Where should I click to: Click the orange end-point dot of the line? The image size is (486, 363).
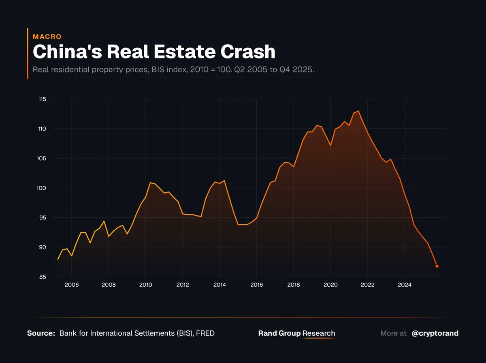pos(437,266)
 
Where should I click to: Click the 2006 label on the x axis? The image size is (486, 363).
pos(71,285)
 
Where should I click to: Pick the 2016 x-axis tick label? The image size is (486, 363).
pos(256,285)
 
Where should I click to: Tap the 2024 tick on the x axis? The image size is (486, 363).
pos(405,285)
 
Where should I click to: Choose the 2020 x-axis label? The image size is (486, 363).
pos(330,285)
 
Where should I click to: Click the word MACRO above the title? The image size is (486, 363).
pos(47,37)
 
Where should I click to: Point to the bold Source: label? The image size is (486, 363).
pos(41,333)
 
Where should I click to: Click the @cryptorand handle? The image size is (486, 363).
pos(435,333)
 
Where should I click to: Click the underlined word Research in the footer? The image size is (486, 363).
pos(319,333)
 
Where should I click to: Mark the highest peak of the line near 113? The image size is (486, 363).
pos(358,111)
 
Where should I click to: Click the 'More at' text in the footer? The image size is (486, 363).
pos(393,333)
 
